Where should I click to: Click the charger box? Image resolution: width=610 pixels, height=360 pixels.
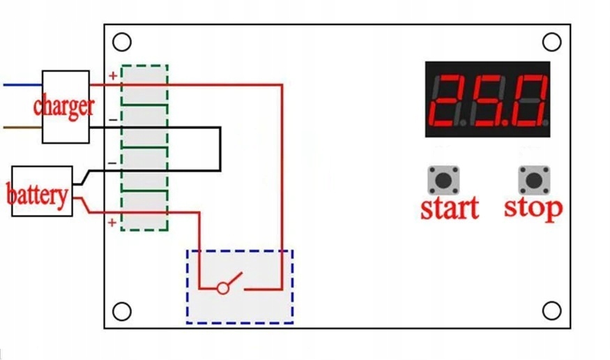(66, 106)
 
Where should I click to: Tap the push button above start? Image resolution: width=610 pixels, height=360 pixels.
(443, 180)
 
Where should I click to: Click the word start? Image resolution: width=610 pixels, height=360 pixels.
(450, 208)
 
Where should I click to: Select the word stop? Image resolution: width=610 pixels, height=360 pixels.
(533, 208)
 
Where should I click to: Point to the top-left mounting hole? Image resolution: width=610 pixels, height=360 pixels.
(122, 43)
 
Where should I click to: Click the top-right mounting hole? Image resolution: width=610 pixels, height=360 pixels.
(551, 43)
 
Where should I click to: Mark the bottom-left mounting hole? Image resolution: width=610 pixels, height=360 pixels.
(122, 310)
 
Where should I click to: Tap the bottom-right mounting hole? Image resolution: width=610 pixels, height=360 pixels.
(551, 310)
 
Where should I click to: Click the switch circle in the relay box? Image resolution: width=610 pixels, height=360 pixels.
(223, 288)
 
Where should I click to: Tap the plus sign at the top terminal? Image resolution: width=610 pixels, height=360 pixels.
(112, 75)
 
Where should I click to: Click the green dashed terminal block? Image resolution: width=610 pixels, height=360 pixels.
(144, 148)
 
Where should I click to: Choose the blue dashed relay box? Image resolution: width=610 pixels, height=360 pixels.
(239, 286)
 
